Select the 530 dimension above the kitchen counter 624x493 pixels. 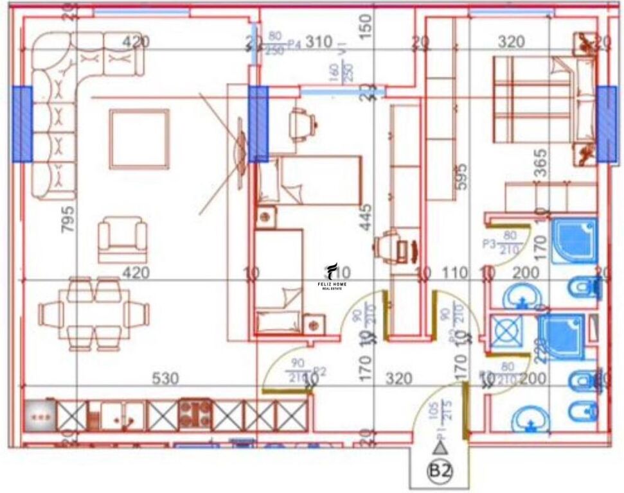[165, 379]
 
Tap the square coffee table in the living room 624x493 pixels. [139, 138]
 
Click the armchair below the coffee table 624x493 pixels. [121, 240]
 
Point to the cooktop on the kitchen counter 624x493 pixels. [195, 414]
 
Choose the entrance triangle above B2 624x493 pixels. [440, 448]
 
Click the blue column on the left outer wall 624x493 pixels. [22, 123]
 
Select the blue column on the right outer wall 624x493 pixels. [606, 124]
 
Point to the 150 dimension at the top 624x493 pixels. [366, 26]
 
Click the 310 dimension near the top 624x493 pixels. [319, 43]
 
